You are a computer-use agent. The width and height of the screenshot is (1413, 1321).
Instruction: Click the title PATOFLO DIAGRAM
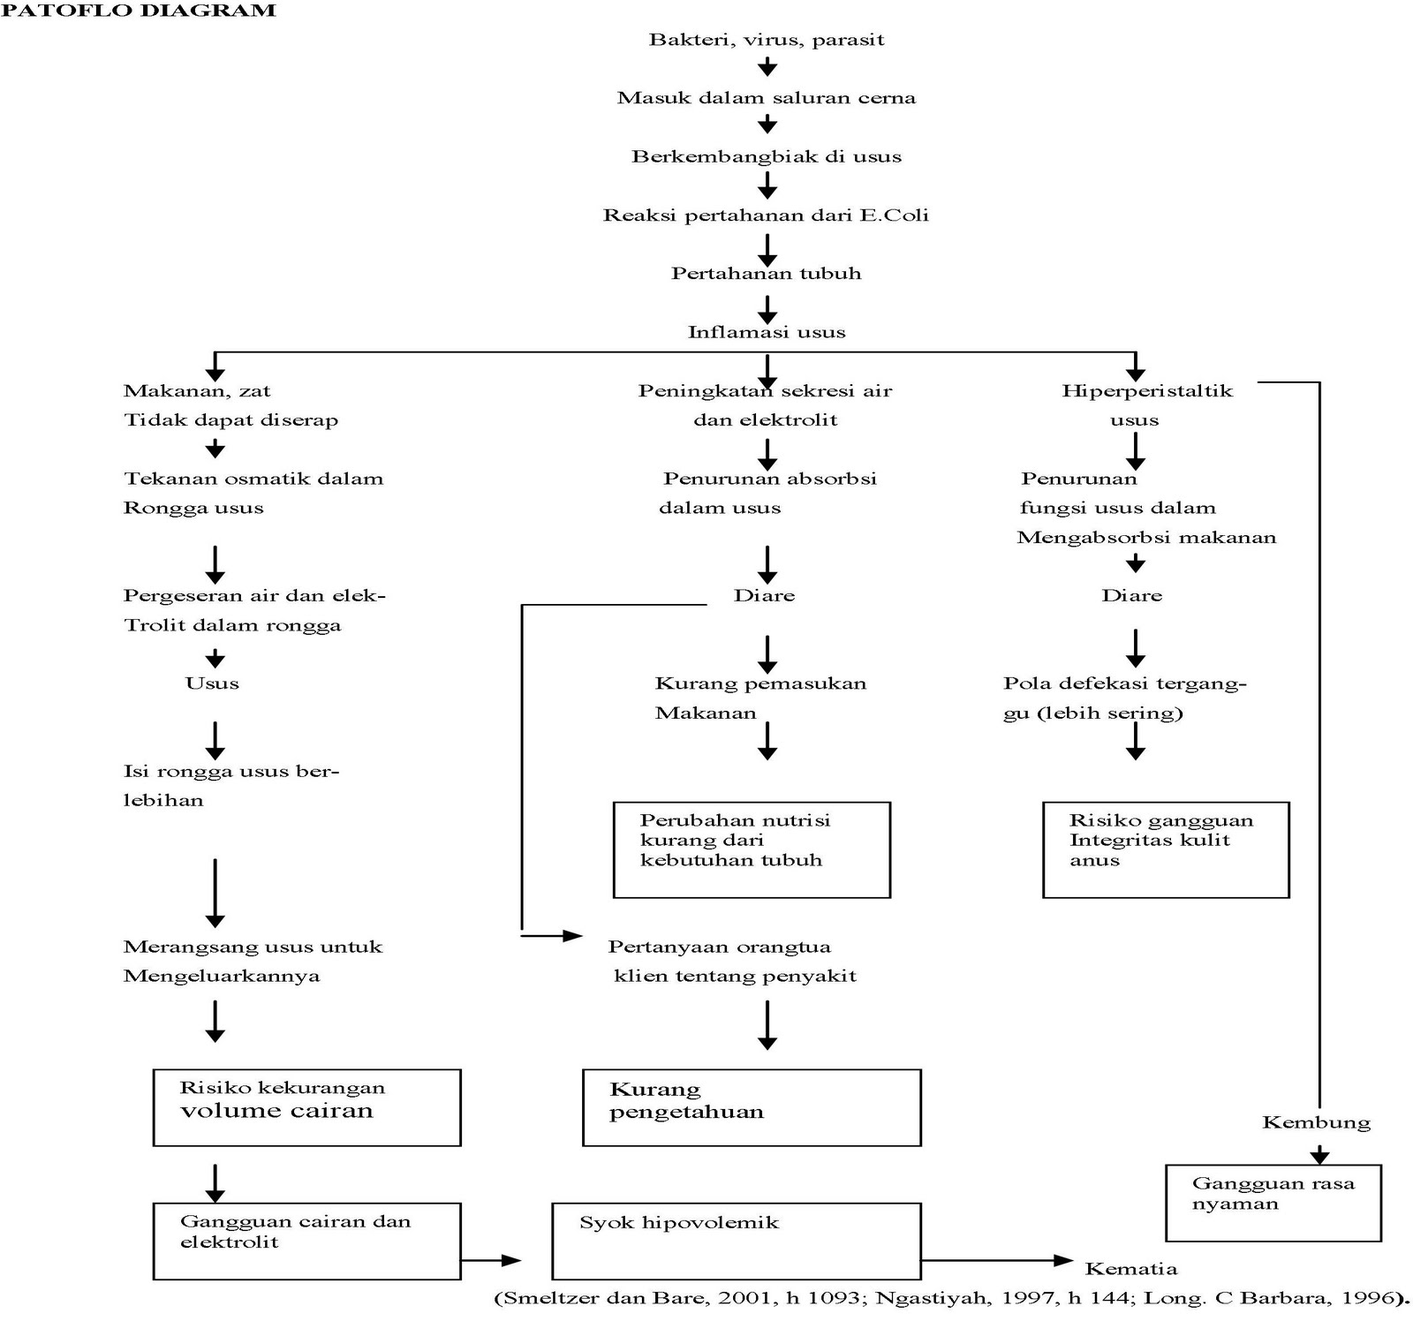(x=140, y=11)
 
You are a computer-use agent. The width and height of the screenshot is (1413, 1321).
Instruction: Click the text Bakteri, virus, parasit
(x=766, y=40)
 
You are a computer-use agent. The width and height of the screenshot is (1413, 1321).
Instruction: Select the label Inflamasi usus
(x=766, y=333)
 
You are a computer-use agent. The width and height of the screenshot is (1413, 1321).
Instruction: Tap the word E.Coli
(x=894, y=215)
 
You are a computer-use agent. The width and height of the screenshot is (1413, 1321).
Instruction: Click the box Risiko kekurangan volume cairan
(x=306, y=1107)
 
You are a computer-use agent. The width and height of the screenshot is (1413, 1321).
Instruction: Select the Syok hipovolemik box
(x=736, y=1241)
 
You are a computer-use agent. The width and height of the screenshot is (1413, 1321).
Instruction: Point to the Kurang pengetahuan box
(x=751, y=1107)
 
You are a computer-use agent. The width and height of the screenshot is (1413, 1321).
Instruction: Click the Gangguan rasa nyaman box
(x=1273, y=1203)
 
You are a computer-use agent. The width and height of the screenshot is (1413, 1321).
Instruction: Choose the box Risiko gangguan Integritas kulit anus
(x=1165, y=849)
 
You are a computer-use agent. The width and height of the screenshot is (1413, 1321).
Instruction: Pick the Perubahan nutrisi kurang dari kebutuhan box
(x=751, y=849)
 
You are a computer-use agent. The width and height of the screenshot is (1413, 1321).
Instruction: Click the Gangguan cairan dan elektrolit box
(x=306, y=1241)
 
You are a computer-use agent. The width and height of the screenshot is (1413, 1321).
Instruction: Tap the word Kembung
(x=1316, y=1123)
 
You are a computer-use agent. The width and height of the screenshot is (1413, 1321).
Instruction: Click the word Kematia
(x=1130, y=1269)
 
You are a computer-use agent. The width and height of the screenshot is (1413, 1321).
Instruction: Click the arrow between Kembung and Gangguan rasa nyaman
(x=1319, y=1154)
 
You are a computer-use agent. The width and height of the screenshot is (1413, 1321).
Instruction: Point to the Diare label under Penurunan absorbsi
(x=764, y=596)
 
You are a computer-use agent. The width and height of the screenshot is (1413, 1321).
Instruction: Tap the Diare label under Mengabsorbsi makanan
(x=1131, y=596)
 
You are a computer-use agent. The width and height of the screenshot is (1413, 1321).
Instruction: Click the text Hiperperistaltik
(x=1146, y=391)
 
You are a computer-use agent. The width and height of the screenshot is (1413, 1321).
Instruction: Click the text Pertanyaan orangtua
(x=719, y=947)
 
